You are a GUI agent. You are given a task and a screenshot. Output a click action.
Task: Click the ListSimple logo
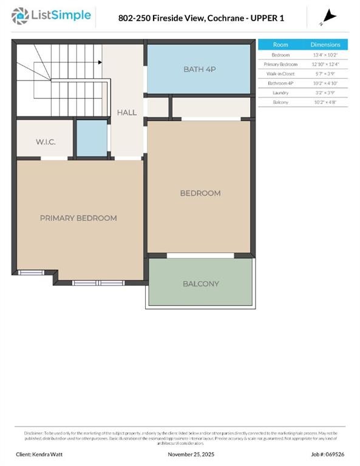53,16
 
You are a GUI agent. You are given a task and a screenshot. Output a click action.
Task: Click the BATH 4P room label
200,69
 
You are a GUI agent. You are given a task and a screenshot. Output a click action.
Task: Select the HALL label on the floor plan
127,112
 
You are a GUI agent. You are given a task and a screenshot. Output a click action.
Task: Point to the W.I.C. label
46,142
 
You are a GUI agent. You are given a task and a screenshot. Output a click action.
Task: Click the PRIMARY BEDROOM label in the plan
78,218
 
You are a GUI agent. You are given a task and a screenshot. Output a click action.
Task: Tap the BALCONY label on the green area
201,283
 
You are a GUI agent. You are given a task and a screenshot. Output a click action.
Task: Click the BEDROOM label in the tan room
200,193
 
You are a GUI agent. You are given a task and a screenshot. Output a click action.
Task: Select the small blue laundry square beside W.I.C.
91,138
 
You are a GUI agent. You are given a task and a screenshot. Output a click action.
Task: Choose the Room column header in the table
280,45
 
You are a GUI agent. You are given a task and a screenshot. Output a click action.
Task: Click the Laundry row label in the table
280,93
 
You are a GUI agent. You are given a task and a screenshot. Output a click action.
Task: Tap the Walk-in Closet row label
280,73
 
